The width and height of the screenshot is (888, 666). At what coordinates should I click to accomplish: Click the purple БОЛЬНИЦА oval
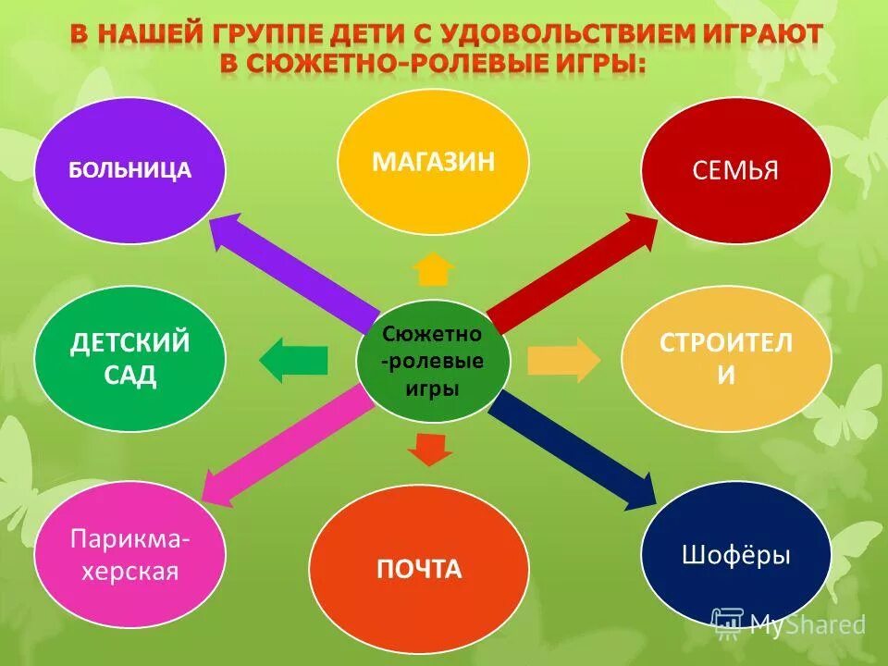point(129,170)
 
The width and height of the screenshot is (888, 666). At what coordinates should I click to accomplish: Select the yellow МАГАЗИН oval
point(433,163)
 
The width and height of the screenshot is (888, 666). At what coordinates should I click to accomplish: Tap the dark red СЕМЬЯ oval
point(736,170)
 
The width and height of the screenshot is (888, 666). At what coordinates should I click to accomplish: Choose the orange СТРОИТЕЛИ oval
point(725,359)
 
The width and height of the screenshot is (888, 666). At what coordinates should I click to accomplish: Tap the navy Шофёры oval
point(736,555)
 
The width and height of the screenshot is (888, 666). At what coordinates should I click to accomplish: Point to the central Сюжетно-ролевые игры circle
point(433,362)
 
